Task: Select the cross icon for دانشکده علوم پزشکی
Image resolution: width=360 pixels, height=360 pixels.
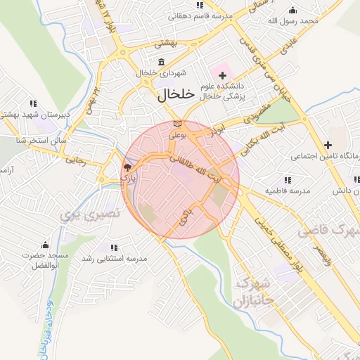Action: click(x=223, y=75)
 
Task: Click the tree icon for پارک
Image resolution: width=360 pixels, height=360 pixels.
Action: click(x=127, y=167)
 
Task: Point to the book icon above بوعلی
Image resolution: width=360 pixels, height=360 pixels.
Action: click(x=176, y=124)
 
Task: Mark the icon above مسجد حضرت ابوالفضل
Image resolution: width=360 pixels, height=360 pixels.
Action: click(x=45, y=245)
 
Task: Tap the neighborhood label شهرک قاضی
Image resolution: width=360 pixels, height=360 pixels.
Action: click(x=328, y=231)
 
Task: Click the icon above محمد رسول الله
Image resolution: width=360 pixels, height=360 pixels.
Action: click(x=293, y=10)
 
